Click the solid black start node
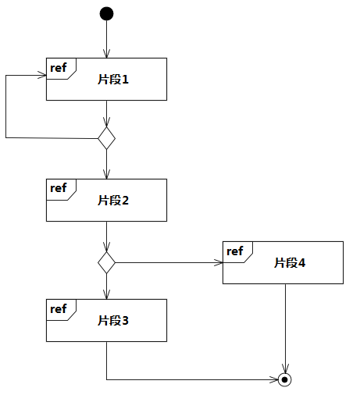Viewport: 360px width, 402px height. click(106, 13)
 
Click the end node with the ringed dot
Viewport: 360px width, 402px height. click(285, 379)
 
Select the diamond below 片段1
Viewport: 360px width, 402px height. click(106, 138)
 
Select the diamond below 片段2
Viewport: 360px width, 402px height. click(106, 262)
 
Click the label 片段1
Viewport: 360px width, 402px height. click(113, 79)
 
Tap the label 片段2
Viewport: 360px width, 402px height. click(113, 200)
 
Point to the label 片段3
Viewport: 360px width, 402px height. click(113, 320)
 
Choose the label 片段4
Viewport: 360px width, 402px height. click(290, 262)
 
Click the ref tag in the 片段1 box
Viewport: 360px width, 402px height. click(59, 67)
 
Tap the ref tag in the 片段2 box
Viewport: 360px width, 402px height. click(59, 188)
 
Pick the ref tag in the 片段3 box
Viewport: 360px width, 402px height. click(59, 308)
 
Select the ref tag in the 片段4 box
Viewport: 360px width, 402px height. click(235, 251)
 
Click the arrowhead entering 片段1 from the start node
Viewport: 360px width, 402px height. click(106, 53)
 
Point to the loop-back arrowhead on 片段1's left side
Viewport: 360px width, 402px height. click(42, 76)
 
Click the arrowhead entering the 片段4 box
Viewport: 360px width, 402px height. click(219, 262)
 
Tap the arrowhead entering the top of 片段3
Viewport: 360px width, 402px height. click(106, 294)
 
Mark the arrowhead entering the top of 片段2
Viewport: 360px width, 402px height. click(106, 174)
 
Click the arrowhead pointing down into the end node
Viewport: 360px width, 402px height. click(285, 368)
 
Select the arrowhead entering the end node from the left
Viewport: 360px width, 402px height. click(273, 379)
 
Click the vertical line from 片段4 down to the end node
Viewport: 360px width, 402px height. click(285, 329)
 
